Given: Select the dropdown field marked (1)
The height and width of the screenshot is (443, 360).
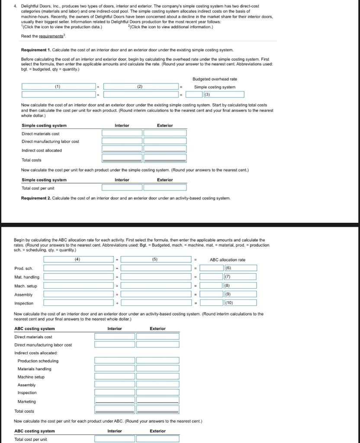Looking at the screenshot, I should pos(58,87).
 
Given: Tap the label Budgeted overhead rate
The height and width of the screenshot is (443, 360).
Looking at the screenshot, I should pos(215,79).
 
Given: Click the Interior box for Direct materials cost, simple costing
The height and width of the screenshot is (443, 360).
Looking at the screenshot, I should pos(122,133).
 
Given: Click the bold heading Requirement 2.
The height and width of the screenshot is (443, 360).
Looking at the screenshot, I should pos(36,198).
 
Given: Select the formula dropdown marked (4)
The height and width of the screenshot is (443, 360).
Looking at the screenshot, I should pos(78,260).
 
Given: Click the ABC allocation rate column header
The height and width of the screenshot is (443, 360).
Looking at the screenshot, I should pos(228,260).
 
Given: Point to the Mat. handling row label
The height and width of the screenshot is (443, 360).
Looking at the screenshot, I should pos(27,277).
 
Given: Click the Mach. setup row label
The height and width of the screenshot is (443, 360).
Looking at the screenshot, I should pos(26,286).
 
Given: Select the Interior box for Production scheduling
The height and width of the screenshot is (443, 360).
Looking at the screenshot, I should pos(115,360).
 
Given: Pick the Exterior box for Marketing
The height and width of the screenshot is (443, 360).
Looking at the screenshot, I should pos(157,401).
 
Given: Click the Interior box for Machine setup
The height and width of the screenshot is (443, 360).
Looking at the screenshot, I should pos(115,376).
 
